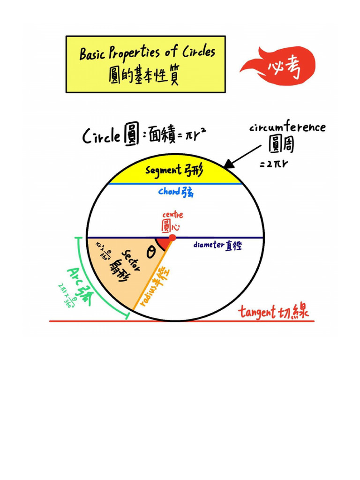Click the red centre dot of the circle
click(172, 238)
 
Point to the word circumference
click(287, 127)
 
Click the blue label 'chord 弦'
click(175, 192)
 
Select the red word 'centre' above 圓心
click(172, 215)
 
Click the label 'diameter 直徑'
click(217, 245)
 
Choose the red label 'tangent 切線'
click(274, 312)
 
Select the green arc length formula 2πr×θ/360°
click(66, 295)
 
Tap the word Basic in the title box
click(93, 54)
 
